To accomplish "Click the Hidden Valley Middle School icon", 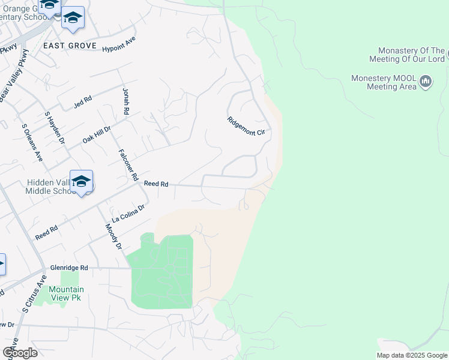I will [81, 181].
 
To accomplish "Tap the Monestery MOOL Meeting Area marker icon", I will [426, 80].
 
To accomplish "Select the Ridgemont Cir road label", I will [246, 128].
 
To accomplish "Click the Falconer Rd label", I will [129, 165].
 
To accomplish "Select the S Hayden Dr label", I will [54, 127].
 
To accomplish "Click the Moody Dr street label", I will [113, 236].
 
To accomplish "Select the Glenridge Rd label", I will [69, 268].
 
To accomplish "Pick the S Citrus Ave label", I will [34, 294].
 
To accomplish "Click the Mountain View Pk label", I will [66, 293].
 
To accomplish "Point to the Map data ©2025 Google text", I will [411, 355].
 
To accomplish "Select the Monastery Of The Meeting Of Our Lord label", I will [412, 55].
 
